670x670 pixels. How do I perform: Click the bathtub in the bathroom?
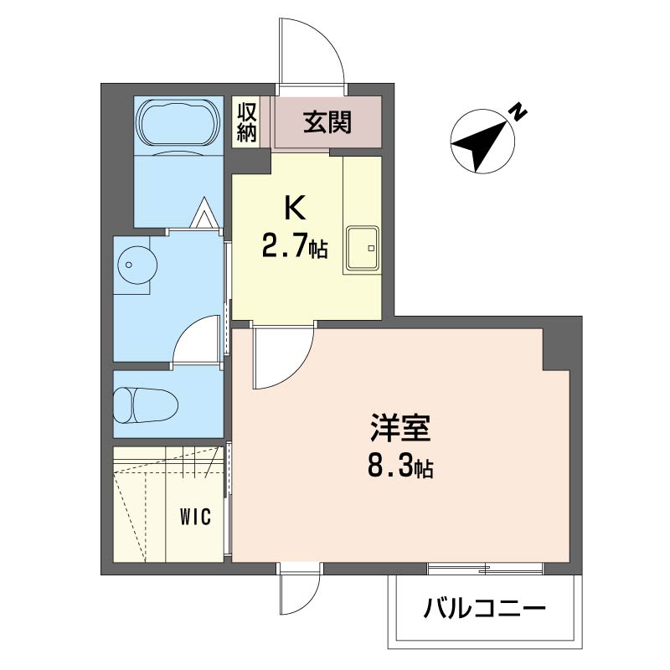pyautogui.click(x=179, y=124)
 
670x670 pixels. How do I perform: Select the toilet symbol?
pyautogui.click(x=145, y=405)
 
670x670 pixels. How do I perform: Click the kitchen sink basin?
pyautogui.click(x=363, y=248)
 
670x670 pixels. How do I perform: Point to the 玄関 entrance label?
pyautogui.click(x=327, y=122)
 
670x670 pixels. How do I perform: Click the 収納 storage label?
pyautogui.click(x=247, y=122)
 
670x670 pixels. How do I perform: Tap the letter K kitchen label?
pyautogui.click(x=296, y=209)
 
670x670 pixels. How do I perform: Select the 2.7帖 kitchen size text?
pyautogui.click(x=295, y=246)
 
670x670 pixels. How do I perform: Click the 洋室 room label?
pyautogui.click(x=400, y=428)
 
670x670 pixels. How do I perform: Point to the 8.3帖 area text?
pyautogui.click(x=400, y=466)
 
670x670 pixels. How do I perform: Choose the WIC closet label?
pyautogui.click(x=196, y=518)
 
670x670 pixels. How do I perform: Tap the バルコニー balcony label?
pyautogui.click(x=485, y=608)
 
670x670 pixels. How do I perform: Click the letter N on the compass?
pyautogui.click(x=518, y=112)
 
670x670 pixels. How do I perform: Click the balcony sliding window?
pyautogui.click(x=485, y=569)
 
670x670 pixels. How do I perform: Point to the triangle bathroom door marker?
pyautogui.click(x=204, y=213)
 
